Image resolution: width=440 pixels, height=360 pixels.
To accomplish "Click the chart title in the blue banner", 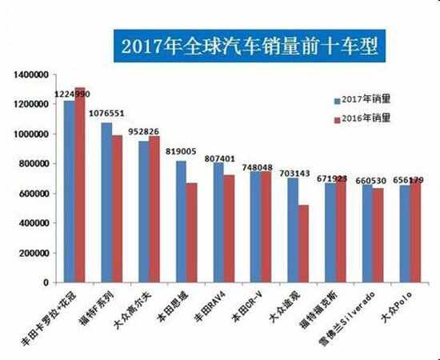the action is tap(250, 46).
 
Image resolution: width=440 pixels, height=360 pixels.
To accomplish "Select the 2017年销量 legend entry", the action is tap(362, 100).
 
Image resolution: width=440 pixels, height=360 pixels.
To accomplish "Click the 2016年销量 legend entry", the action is tap(362, 118).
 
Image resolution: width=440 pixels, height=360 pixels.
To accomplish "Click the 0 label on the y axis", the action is tap(46, 282).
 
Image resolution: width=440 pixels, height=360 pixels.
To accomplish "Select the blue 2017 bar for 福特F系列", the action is tap(106, 202).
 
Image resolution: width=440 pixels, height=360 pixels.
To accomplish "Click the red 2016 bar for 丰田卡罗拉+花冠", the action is tap(80, 185).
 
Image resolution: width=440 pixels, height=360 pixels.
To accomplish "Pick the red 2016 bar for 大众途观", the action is tap(303, 243).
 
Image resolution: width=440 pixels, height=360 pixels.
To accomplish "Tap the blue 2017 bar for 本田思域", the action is tap(181, 222).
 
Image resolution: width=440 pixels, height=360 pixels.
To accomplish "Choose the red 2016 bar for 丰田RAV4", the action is tap(229, 229).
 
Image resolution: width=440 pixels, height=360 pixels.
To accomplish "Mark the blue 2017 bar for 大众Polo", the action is tap(405, 234).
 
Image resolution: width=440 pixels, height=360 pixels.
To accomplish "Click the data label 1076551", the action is tap(106, 114).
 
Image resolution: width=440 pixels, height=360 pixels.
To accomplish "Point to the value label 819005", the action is tap(181, 151).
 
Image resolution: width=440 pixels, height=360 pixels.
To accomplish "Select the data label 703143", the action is tap(294, 174).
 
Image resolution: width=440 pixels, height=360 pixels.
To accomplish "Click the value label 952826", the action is tap(143, 131).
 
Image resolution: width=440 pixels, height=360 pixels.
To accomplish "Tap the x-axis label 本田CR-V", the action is tap(246, 307).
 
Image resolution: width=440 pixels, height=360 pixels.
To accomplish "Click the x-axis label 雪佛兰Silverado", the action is tap(347, 318).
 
